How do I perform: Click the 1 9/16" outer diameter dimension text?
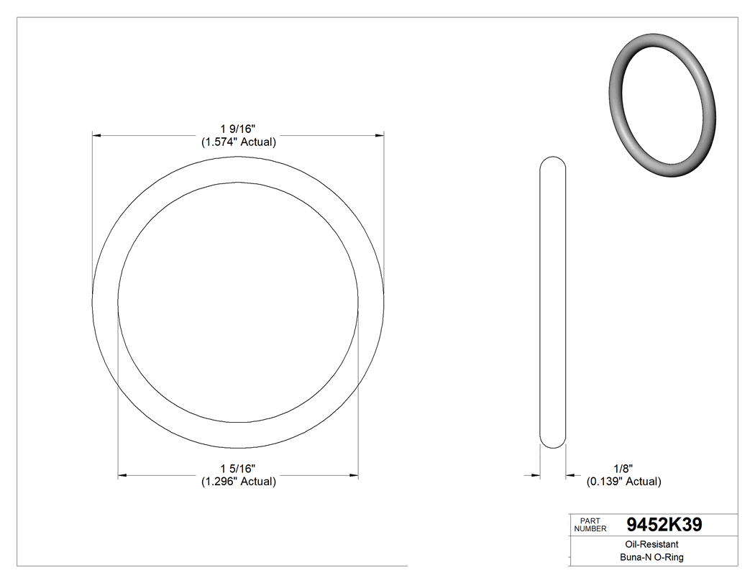238,128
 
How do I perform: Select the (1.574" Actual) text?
238,142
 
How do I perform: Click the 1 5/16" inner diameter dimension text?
238,469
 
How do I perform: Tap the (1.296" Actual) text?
238,482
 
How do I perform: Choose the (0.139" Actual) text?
623,482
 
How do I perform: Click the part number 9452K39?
664,525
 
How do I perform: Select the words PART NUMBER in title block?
590,525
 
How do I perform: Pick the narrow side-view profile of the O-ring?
552,302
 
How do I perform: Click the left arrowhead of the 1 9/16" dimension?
97,134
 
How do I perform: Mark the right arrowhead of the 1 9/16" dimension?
379,134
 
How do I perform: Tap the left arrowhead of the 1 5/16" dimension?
122,475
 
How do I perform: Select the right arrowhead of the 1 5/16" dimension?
354,475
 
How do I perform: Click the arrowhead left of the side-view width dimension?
535,475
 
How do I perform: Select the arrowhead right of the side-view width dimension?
570,475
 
